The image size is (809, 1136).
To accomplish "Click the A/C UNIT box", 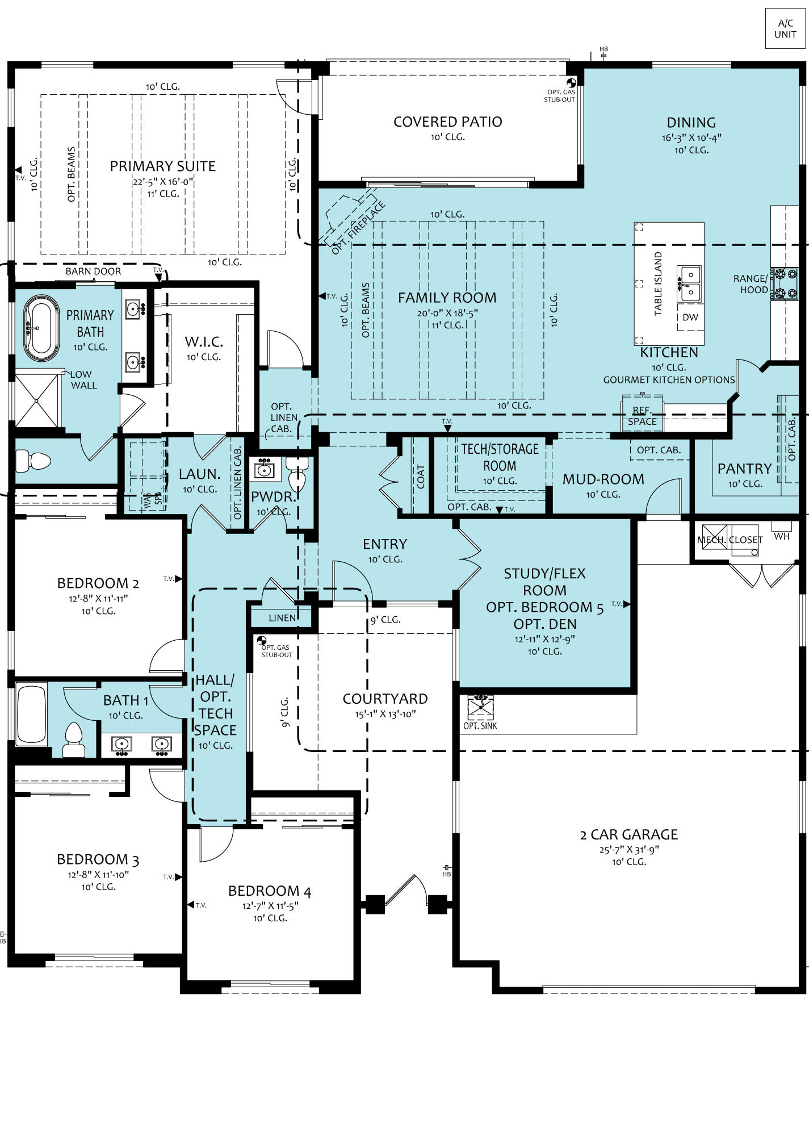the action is click(x=785, y=28).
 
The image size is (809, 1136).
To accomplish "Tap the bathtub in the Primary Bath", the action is click(x=41, y=329).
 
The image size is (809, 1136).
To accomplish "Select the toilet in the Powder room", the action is click(x=297, y=474).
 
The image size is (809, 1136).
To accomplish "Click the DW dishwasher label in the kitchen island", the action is click(x=690, y=317).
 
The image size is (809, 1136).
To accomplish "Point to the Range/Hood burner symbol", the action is click(x=785, y=284).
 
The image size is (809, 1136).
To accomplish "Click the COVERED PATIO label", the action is click(x=448, y=122).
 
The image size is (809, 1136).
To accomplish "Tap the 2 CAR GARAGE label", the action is click(x=629, y=834).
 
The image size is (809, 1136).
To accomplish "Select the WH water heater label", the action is click(x=782, y=536).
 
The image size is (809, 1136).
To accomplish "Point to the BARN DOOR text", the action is click(x=93, y=271).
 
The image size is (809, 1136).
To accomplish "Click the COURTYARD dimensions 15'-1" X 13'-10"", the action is click(x=385, y=714).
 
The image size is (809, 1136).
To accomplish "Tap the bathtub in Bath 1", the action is click(x=31, y=715).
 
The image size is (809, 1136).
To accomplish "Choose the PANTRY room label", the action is click(x=744, y=469).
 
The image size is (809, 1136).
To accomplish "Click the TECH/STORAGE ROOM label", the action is click(x=500, y=457).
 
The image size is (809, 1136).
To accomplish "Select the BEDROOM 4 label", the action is click(x=270, y=891).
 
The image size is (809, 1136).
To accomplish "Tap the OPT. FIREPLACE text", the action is click(x=359, y=228).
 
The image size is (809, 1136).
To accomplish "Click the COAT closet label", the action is click(x=421, y=477).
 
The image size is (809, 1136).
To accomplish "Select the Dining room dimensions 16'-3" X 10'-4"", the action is click(x=691, y=137).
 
